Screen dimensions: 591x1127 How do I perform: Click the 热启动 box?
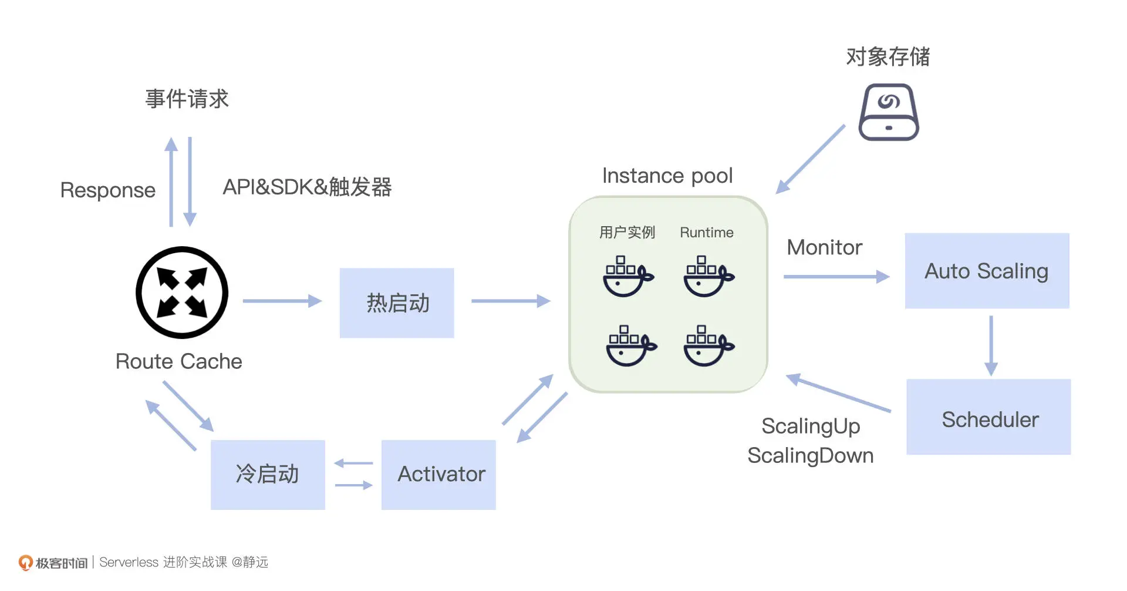397,303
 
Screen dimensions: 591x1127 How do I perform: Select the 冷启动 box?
268,475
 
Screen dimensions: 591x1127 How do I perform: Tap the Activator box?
438,475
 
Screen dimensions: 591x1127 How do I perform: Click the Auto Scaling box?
987,271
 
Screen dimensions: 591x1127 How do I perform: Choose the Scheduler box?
988,417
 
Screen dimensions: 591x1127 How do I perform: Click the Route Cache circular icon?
182,293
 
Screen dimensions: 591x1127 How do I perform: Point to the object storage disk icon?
888,112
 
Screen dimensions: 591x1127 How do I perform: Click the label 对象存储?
888,57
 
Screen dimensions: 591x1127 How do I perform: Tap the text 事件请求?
187,99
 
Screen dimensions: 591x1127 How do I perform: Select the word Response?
107,190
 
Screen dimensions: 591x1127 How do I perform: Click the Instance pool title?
667,176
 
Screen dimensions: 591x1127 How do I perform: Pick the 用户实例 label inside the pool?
627,233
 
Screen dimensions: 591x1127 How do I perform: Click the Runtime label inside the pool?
706,233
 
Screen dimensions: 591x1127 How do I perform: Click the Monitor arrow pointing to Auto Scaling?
836,277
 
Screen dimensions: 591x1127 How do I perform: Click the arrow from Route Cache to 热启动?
282,301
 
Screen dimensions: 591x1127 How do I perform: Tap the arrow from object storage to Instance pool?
811,159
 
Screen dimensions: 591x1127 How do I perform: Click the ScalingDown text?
810,456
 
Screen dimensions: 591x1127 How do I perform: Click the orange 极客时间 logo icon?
25,563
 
